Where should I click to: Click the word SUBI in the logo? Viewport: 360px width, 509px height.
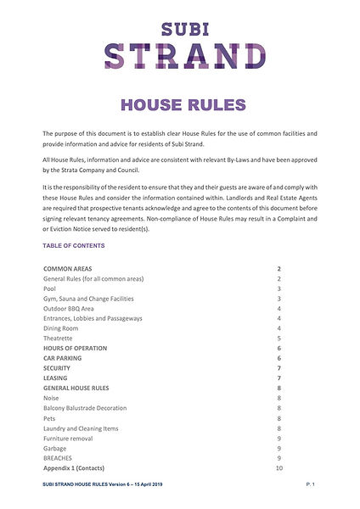coord(179,26)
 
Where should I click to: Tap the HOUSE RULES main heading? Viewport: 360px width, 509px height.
coord(179,104)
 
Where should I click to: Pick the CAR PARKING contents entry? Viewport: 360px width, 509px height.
coord(64,358)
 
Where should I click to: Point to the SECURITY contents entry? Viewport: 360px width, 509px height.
coord(59,368)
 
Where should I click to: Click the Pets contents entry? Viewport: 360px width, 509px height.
coord(50,418)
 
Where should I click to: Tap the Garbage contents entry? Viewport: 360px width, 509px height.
coord(54,448)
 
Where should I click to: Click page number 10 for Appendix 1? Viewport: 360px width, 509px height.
coord(278,468)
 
